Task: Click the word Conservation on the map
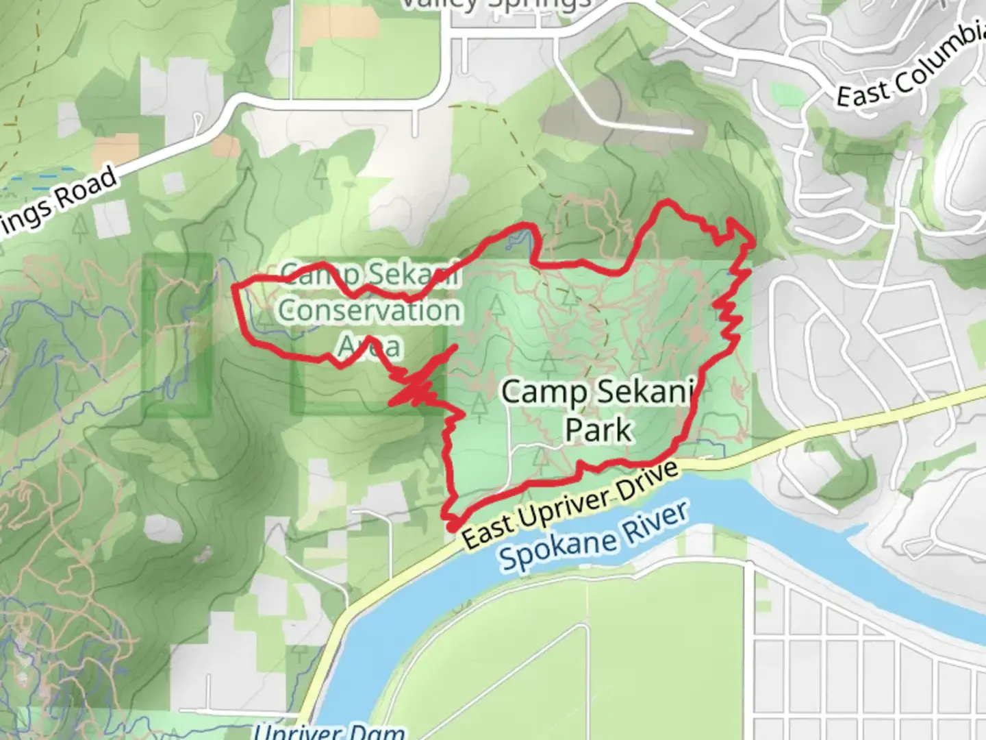(370, 310)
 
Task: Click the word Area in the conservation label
(369, 346)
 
